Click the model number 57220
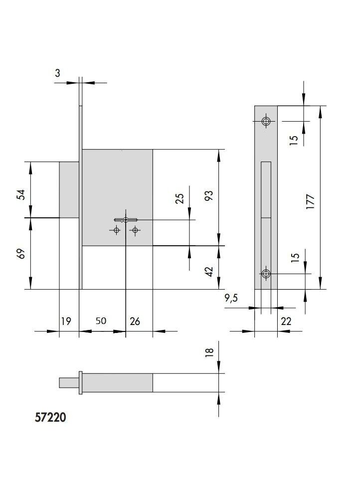pyautogui.click(x=50, y=417)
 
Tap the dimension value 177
pyautogui.click(x=311, y=202)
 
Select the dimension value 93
pyautogui.click(x=208, y=195)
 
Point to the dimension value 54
pyautogui.click(x=21, y=195)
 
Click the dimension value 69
pyautogui.click(x=21, y=254)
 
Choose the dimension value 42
pyautogui.click(x=208, y=272)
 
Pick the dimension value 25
pyautogui.click(x=180, y=198)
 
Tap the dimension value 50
pyautogui.click(x=101, y=321)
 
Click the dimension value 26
pyautogui.click(x=135, y=321)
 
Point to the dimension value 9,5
pyautogui.click(x=231, y=298)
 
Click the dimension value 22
pyautogui.click(x=286, y=321)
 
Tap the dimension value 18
pyautogui.click(x=209, y=352)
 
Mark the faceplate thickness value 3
pyautogui.click(x=57, y=73)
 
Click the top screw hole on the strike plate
pyautogui.click(x=266, y=121)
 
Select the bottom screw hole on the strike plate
pyautogui.click(x=266, y=273)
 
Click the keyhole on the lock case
pyautogui.click(x=126, y=220)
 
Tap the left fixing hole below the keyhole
pyautogui.click(x=116, y=230)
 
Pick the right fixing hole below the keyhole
pyautogui.click(x=135, y=230)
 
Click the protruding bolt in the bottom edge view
pyautogui.click(x=69, y=383)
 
